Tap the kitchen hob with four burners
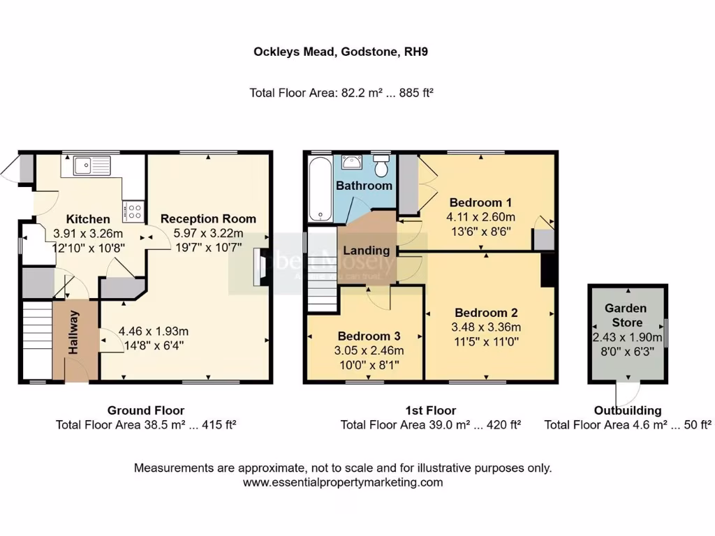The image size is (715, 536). (133, 210)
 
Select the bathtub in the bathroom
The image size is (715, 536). (320, 189)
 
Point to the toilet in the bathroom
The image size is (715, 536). (381, 167)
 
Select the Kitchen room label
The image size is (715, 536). (88, 219)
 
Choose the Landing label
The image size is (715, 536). (366, 251)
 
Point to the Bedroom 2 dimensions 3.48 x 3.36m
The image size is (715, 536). (487, 327)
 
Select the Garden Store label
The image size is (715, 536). (625, 315)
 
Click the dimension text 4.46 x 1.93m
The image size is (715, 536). (153, 332)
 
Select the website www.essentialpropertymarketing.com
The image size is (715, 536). (342, 482)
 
